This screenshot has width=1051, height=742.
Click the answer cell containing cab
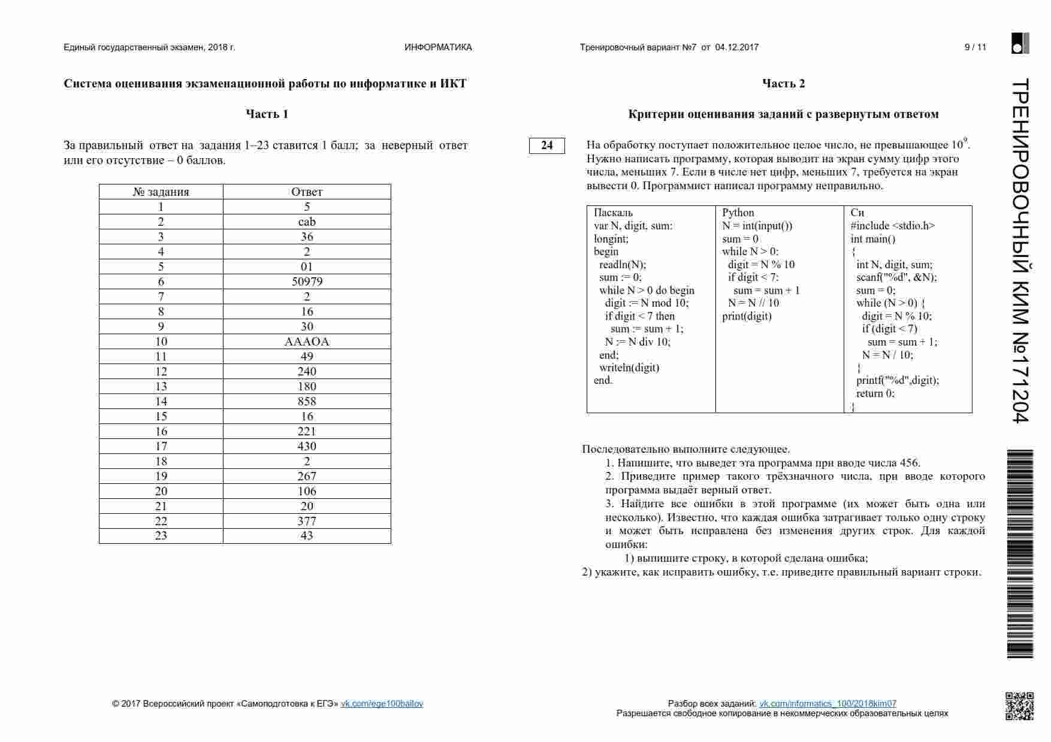pos(307,222)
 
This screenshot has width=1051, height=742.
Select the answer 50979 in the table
pos(307,281)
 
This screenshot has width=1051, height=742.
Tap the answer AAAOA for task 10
pos(307,341)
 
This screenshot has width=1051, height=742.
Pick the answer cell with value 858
pos(307,401)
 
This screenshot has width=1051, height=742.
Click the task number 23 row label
pos(161,535)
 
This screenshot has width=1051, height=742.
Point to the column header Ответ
pos(307,192)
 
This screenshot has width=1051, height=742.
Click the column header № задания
pos(161,192)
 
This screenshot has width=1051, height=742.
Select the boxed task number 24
pos(546,145)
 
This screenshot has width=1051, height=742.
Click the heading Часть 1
pos(267,114)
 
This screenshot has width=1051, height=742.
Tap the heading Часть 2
pos(783,83)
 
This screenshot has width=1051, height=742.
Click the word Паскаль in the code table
pos(613,213)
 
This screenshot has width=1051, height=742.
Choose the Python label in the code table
pos(738,213)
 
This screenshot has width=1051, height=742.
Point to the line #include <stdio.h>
pos(892,226)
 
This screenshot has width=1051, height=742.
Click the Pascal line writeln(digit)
pos(629,368)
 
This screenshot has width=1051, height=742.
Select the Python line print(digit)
pos(747,316)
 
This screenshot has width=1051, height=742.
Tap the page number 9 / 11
pos(975,47)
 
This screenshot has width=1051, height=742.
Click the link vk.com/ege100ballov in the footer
pos(382,704)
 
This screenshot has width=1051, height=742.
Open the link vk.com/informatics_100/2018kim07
pos(827,704)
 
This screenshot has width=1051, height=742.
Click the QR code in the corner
pos(1019,705)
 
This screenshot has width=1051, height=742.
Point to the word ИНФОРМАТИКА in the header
pos(438,47)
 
